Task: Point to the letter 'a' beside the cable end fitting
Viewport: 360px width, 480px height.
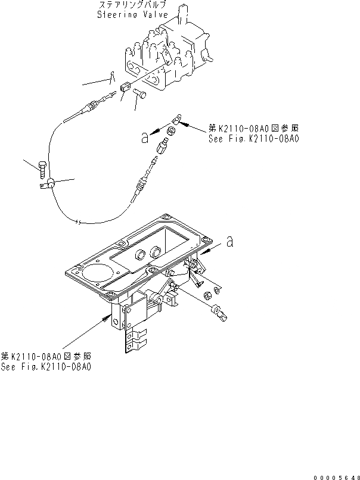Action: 144,138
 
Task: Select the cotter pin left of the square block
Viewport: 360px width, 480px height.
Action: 111,76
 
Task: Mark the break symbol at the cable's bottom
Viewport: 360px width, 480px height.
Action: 79,223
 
